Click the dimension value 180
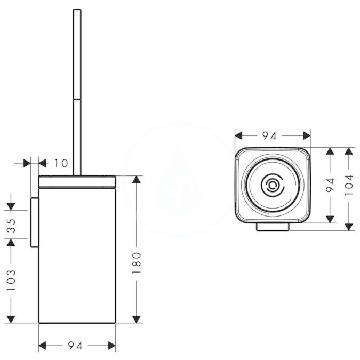point(137,262)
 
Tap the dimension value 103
point(11,280)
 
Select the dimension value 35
point(11,226)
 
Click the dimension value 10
point(61,164)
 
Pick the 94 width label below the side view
point(75,346)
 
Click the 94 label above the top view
point(269,135)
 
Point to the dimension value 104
point(349,185)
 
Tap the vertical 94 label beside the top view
point(330,185)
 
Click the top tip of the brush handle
point(77,9)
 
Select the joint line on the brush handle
point(77,99)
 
